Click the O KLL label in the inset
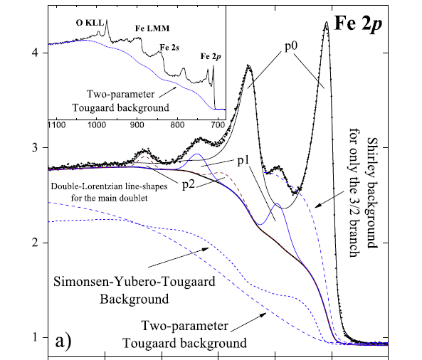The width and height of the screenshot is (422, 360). [89, 22]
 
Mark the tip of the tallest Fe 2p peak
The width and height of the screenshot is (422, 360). [326, 22]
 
